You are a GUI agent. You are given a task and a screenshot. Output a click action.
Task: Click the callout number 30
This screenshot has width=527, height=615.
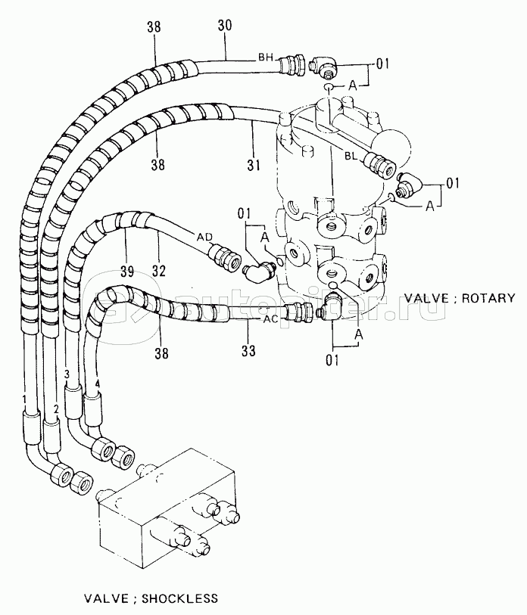pos(225,26)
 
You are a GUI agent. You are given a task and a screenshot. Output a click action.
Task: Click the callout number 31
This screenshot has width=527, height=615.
pos(254,164)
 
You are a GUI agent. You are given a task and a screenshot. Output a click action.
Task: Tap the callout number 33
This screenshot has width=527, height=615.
pos(248,350)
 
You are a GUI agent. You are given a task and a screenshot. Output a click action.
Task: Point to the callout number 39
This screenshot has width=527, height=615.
pos(127,271)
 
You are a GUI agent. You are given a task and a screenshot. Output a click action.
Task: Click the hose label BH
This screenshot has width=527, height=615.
pos(266,57)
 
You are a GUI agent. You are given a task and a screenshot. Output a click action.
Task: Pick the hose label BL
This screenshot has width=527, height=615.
pos(351,156)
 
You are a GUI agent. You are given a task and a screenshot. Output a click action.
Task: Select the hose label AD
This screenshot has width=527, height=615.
pos(204,237)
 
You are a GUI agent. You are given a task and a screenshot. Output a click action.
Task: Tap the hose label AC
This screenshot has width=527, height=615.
pos(270,319)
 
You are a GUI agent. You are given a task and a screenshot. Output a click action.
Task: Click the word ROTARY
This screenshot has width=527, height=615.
pos(488,298)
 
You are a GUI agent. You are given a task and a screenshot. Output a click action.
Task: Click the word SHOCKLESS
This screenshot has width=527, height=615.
pos(179,598)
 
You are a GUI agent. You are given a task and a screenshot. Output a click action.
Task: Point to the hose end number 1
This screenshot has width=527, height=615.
pos(24,399)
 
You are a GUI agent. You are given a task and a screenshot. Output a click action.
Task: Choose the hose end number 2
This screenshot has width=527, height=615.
pos(56,409)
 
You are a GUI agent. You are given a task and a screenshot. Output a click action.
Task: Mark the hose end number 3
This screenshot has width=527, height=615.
pos(67,374)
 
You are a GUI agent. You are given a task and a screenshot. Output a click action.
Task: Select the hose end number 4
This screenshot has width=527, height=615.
pos(98,384)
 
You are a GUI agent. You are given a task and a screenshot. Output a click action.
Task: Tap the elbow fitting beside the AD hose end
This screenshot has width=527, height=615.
pos(258,270)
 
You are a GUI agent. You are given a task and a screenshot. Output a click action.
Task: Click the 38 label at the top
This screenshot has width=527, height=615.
pos(154,27)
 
